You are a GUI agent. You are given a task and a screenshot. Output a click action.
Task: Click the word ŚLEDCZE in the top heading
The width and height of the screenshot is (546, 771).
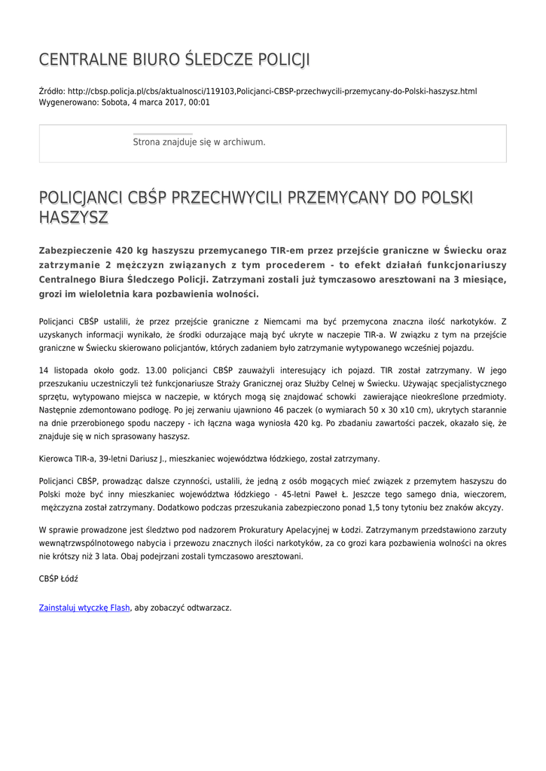(207, 59)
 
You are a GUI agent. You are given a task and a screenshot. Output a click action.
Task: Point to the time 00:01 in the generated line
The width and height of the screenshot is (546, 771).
(200, 102)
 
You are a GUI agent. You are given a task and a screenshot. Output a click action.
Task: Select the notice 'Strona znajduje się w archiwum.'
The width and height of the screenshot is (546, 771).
(199, 142)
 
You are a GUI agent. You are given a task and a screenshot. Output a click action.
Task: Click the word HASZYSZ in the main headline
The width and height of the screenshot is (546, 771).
(74, 218)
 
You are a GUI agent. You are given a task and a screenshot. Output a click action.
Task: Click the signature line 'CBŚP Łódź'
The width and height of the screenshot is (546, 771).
(58, 579)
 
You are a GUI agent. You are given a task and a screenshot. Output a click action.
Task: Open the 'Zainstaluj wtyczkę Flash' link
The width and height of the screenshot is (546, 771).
(84, 607)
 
